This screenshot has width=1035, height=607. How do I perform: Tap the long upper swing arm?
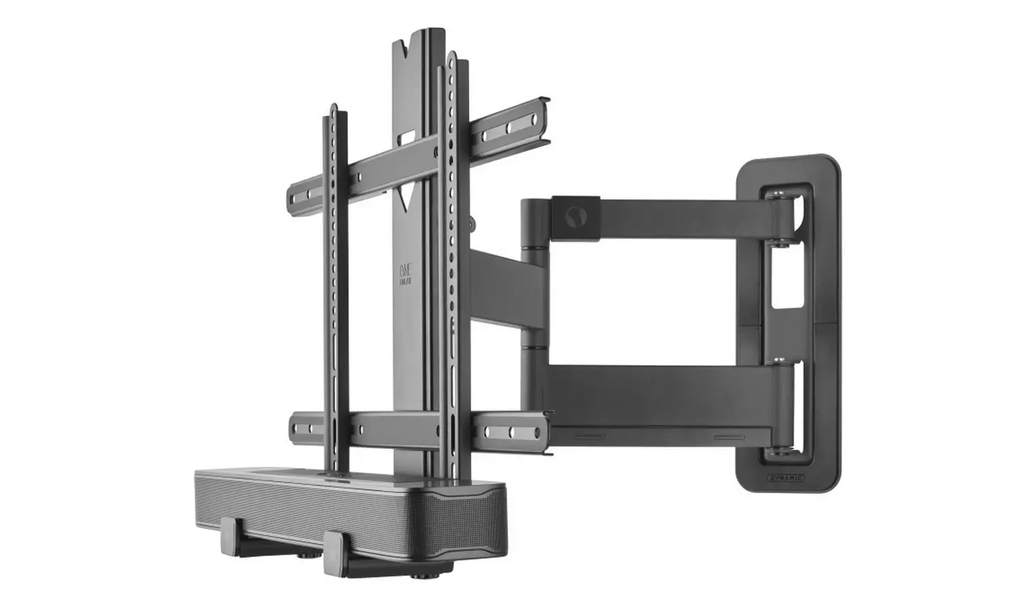pos(676,221)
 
